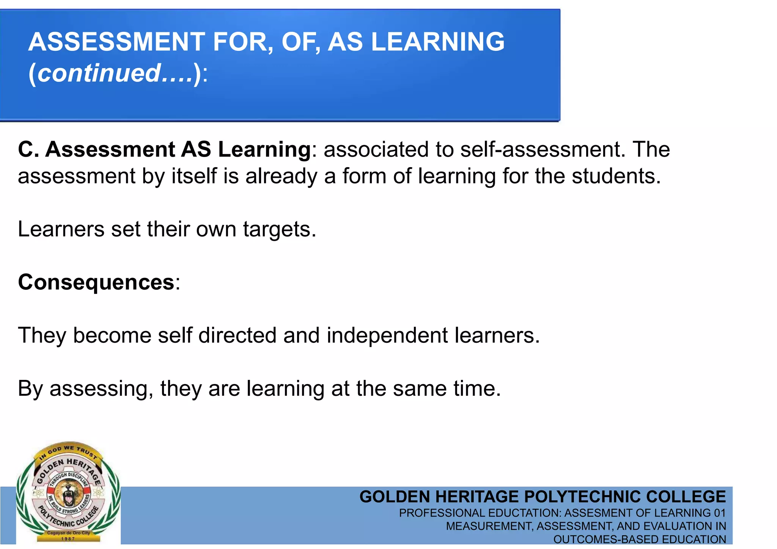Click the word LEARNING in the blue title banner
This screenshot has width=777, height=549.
pos(438,42)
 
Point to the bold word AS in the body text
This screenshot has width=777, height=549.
pos(196,149)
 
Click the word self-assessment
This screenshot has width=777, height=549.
pos(543,149)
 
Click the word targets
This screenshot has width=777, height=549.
pos(280,229)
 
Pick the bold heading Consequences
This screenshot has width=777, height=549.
pos(96,282)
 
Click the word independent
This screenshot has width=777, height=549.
pos(387,336)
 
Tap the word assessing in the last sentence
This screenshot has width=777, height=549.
pos(101,389)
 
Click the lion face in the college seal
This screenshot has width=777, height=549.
pos(68,493)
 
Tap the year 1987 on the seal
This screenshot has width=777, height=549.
pos(68,539)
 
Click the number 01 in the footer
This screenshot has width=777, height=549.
pos(719,513)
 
